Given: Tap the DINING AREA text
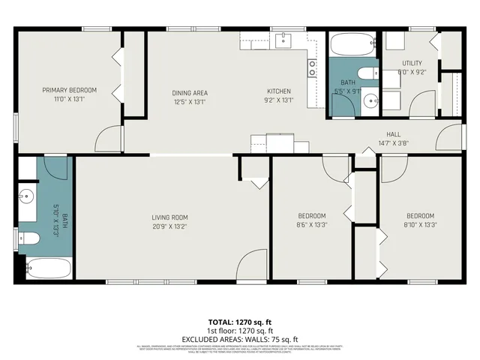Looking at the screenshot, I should (x=190, y=92).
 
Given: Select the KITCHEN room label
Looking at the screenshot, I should (x=278, y=92).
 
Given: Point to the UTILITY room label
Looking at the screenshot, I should (x=412, y=64).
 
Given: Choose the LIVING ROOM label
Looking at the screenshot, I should (x=169, y=216).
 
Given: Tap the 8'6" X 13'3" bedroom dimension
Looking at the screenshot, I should (x=311, y=224).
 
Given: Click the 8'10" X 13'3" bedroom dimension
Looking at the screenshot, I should (x=420, y=224).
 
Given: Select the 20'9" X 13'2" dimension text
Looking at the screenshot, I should (x=169, y=226).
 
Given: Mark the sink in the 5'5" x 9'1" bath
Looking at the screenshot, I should (x=368, y=100).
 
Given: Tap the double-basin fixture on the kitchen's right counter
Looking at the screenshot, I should (x=311, y=68).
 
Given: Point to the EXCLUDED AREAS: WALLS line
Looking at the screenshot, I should (x=239, y=338).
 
